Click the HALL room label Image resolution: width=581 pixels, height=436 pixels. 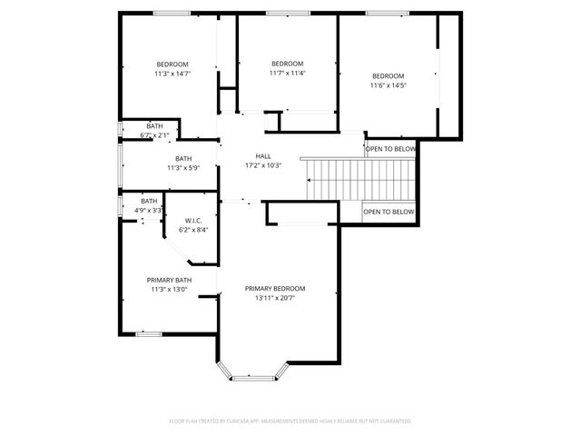point(263,156)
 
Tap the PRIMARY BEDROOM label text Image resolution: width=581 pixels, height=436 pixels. point(274,288)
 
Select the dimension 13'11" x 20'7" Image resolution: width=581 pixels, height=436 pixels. point(274,297)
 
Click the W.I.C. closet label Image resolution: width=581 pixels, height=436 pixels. point(192,221)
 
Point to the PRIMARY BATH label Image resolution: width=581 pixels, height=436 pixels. point(171,280)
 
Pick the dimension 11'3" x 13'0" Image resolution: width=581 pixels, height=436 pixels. point(171,289)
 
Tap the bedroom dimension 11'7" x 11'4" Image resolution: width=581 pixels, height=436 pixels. point(287,73)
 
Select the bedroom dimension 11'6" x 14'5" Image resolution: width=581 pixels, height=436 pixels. point(388,85)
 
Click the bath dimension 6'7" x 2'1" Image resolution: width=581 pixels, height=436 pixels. point(154,135)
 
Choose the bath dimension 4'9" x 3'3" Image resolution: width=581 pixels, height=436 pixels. point(149,210)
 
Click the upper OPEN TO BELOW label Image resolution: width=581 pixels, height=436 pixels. point(390,149)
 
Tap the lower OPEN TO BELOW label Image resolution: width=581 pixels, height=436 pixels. point(389,212)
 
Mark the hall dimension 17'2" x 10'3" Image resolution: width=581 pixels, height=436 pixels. point(263,165)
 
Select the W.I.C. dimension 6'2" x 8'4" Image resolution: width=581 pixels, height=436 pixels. point(192,230)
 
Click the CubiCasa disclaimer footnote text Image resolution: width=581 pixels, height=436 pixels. point(290,421)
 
